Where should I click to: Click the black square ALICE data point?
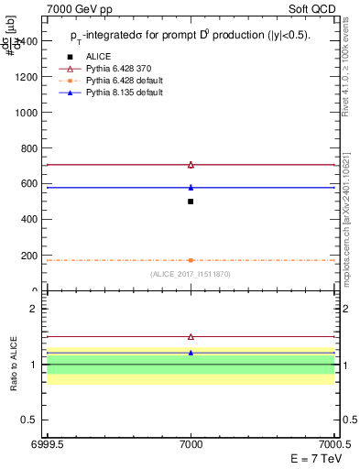point(191,202)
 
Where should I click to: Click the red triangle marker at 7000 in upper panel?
point(191,165)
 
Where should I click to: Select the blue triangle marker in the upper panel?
point(191,187)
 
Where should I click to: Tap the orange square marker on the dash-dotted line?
point(191,260)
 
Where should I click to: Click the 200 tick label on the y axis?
point(29,256)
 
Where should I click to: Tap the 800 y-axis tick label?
point(29,148)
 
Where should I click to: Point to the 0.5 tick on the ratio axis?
point(30,420)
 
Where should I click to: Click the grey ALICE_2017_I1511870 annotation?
point(191,274)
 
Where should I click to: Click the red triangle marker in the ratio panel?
point(191,337)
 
